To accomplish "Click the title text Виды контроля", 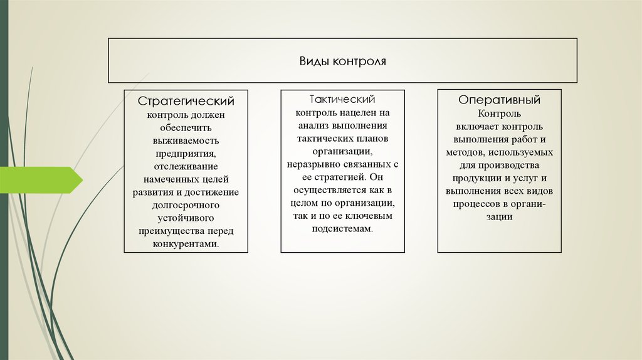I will [x=342, y=61].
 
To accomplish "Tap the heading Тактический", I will [x=342, y=99].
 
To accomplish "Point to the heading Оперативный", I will [x=499, y=100].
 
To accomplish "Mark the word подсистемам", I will [x=342, y=230].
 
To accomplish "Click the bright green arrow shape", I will [x=41, y=180].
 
